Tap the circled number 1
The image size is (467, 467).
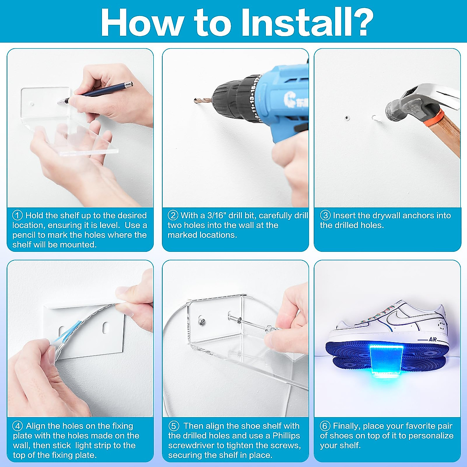tap(18, 215)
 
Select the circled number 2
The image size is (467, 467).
tap(173, 215)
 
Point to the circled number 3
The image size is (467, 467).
tap(325, 215)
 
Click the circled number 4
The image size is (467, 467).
tap(18, 426)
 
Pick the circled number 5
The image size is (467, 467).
tap(174, 426)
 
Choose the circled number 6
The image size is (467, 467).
tap(325, 426)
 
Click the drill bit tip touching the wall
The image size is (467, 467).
tap(195, 100)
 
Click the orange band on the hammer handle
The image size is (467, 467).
tap(434, 117)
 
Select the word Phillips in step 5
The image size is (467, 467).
tap(286, 436)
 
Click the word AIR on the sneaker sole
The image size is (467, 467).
tap(433, 339)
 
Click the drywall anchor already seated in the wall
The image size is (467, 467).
tap(347, 118)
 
